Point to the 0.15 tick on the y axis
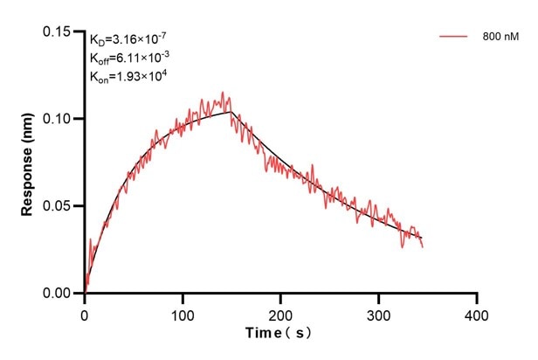tap(59, 31)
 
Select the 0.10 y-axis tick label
tap(59, 119)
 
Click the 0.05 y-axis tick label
tap(59, 206)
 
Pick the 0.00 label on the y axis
tap(59, 294)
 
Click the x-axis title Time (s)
tap(279, 334)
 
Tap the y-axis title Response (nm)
tap(29, 162)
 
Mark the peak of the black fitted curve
tap(231, 112)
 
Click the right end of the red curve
tap(423, 246)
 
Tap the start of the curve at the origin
tap(86, 292)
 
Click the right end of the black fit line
tap(422, 239)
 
